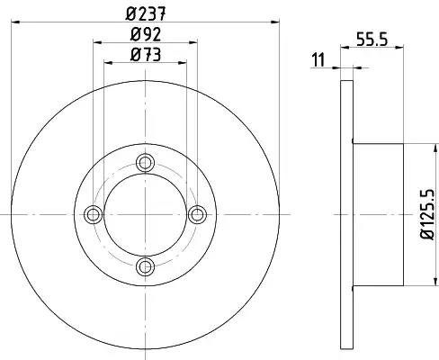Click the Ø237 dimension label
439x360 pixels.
pyautogui.click(x=146, y=13)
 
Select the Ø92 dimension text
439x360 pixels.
pyautogui.click(x=146, y=34)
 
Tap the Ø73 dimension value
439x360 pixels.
pyautogui.click(x=146, y=55)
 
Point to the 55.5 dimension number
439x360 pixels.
pyautogui.click(x=372, y=39)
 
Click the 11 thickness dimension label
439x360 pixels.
pyautogui.click(x=318, y=59)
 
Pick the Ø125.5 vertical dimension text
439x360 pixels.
pyautogui.click(x=427, y=214)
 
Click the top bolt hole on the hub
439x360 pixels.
pyautogui.click(x=145, y=163)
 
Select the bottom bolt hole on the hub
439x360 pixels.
pyautogui.click(x=145, y=266)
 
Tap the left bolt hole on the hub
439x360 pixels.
pyautogui.click(x=94, y=214)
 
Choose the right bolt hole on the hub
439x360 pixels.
pyautogui.click(x=197, y=214)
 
